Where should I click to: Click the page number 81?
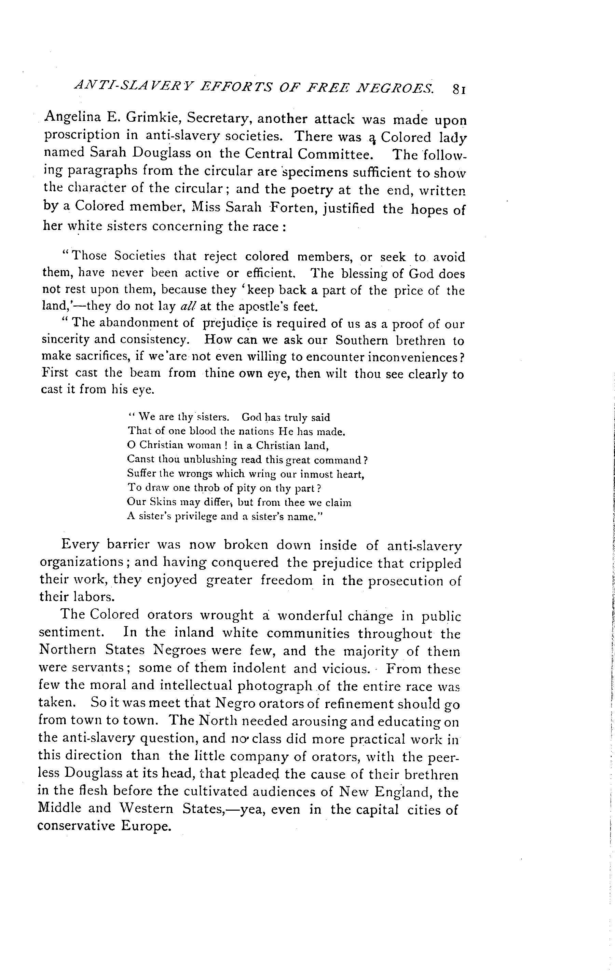[459, 89]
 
